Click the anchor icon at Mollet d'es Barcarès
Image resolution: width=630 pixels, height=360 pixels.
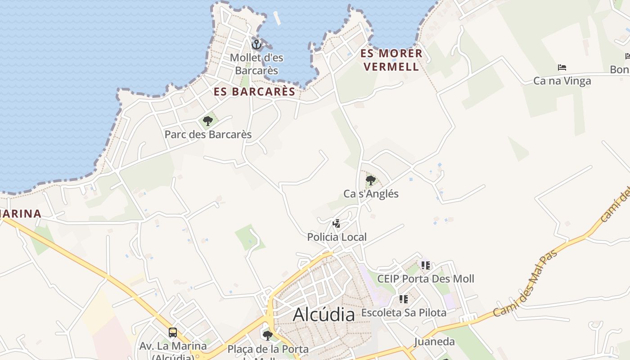256,44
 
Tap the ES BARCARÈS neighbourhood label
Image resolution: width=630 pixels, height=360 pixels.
254,92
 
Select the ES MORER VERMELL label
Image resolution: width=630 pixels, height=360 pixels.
391,60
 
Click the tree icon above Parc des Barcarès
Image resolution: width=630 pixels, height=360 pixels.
207,121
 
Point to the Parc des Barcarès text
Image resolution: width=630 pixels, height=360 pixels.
208,135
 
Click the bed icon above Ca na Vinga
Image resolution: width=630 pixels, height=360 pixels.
562,67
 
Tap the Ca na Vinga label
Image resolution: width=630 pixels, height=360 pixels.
562,81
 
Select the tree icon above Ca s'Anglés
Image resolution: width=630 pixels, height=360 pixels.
371,180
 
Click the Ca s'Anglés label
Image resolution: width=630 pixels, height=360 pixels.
371,194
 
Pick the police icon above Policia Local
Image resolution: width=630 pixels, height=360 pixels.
336,223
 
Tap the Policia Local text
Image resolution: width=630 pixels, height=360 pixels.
337,237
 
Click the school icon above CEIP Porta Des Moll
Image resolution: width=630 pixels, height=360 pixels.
425,265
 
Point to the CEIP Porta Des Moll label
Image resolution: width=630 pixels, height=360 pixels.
425,279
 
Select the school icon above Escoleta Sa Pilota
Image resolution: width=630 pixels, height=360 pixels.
403,299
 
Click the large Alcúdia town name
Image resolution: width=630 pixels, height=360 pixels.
324,314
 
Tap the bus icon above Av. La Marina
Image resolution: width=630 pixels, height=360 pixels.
173,333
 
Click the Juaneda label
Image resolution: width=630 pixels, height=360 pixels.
434,342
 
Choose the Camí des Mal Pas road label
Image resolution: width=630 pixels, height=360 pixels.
525,284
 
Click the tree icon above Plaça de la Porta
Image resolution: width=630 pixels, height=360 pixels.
268,335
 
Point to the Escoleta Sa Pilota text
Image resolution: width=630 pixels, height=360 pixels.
404,312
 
